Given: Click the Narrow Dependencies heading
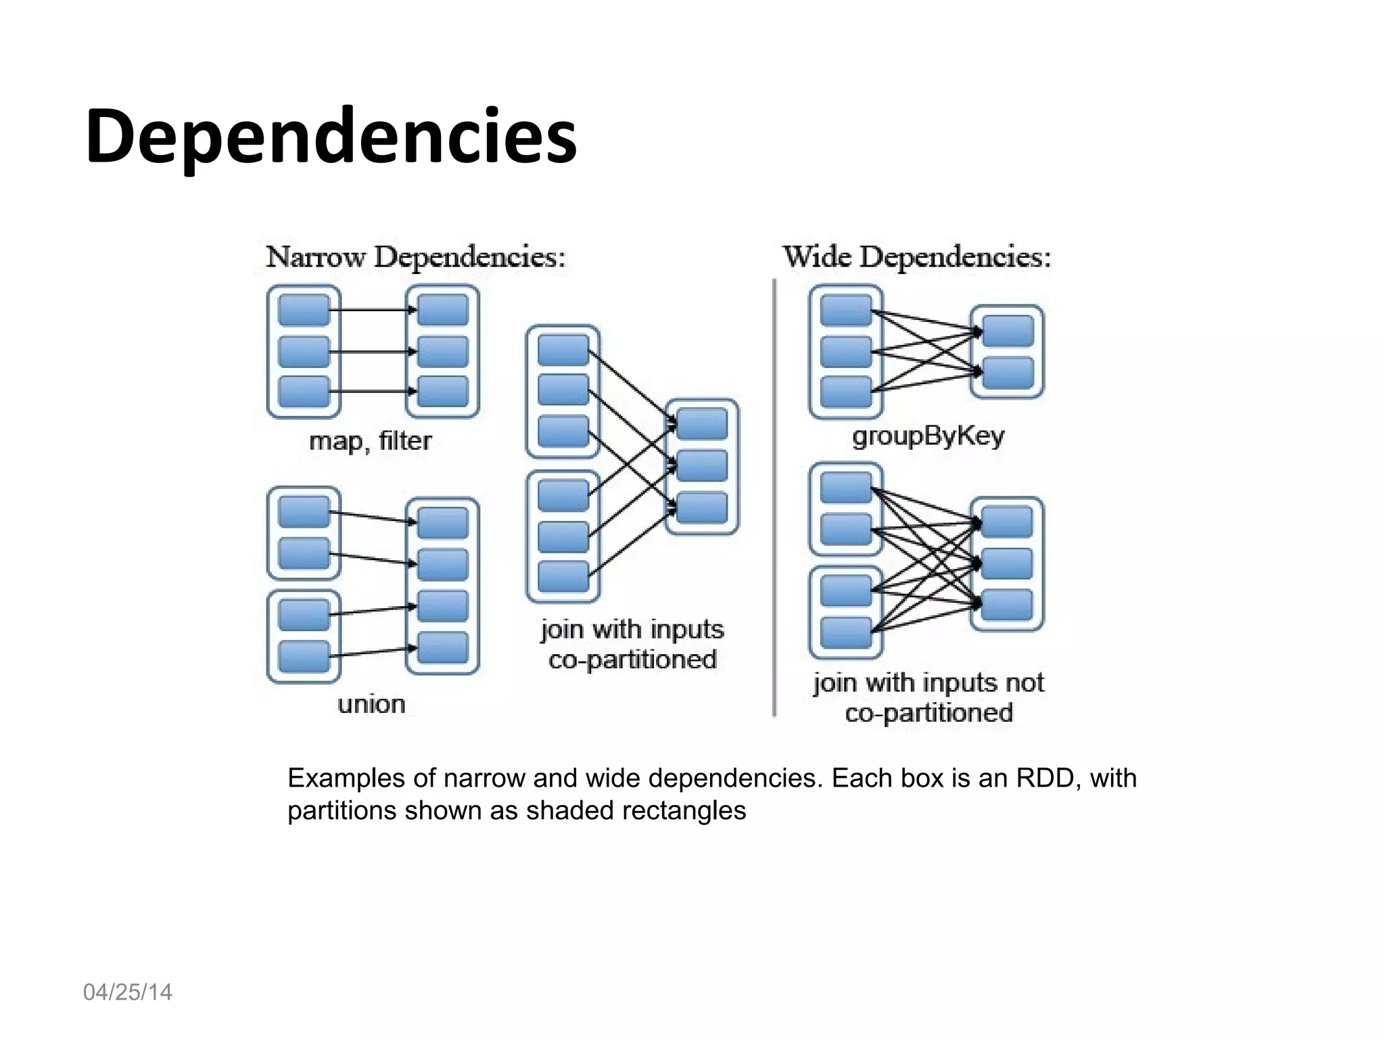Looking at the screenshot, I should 415,257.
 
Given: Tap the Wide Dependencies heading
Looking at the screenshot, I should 916,257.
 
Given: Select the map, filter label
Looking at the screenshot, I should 370,441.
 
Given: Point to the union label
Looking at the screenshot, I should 371,704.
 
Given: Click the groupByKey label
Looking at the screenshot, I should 928,436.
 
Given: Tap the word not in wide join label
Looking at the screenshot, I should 1025,683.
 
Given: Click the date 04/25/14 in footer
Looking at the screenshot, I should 127,992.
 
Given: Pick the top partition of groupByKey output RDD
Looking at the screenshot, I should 1008,331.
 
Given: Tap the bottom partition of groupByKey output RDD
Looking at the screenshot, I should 1008,373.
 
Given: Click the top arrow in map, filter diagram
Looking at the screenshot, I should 372,310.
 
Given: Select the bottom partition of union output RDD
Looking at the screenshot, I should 443,647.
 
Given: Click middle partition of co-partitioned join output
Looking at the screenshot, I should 702,465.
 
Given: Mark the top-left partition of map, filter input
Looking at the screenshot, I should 304,310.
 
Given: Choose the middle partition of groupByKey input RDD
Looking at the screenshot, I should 846,352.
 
